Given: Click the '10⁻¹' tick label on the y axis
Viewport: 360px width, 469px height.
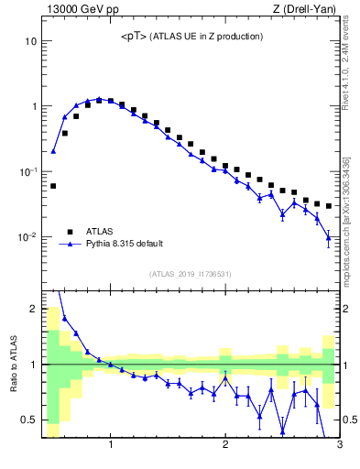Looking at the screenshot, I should (28, 172).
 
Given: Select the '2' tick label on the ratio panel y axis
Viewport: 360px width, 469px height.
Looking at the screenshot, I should (34, 309).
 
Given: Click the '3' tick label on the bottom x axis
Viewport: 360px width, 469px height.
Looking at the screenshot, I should (339, 446).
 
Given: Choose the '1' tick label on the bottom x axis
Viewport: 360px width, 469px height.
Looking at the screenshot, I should (111, 446).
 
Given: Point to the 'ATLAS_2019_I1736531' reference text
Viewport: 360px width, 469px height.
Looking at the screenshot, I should (191, 274).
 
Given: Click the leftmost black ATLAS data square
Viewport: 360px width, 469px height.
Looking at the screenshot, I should (53, 186).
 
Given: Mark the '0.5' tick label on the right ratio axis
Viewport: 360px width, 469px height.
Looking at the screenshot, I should (351, 420).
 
